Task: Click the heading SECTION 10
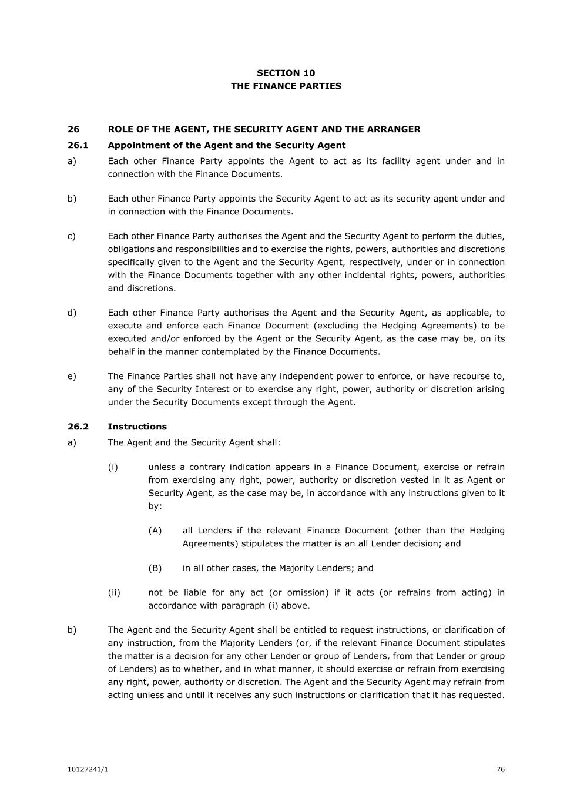286,73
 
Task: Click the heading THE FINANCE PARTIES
286,86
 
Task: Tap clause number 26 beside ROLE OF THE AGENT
73,129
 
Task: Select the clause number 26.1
78,145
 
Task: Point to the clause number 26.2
78,427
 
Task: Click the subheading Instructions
137,427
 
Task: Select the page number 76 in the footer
500,770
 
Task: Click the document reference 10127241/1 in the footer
88,770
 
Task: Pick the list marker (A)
155,531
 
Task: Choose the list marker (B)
155,568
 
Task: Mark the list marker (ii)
114,592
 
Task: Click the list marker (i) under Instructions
113,467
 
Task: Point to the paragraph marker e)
72,376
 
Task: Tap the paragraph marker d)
72,313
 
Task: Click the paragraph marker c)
72,236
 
